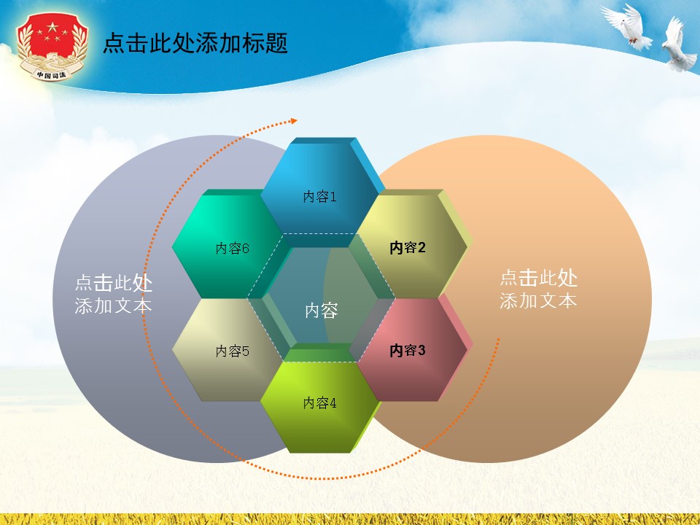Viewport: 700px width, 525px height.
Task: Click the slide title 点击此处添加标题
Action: [195, 43]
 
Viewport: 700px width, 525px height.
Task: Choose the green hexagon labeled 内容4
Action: [319, 405]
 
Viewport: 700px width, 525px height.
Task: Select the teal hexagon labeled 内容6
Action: [227, 244]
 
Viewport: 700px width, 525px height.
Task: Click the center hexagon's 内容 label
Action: [321, 311]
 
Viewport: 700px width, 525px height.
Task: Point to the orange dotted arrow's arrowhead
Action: [294, 120]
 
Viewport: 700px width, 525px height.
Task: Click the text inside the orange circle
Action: [538, 289]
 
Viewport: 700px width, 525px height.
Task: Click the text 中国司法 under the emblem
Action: [51, 74]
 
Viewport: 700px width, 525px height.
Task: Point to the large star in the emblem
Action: [52, 29]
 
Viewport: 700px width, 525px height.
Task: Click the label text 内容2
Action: [408, 248]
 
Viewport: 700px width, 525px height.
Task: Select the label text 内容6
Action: [232, 249]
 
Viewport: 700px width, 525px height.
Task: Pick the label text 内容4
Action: [320, 402]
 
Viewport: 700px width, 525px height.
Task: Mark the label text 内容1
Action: [320, 197]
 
